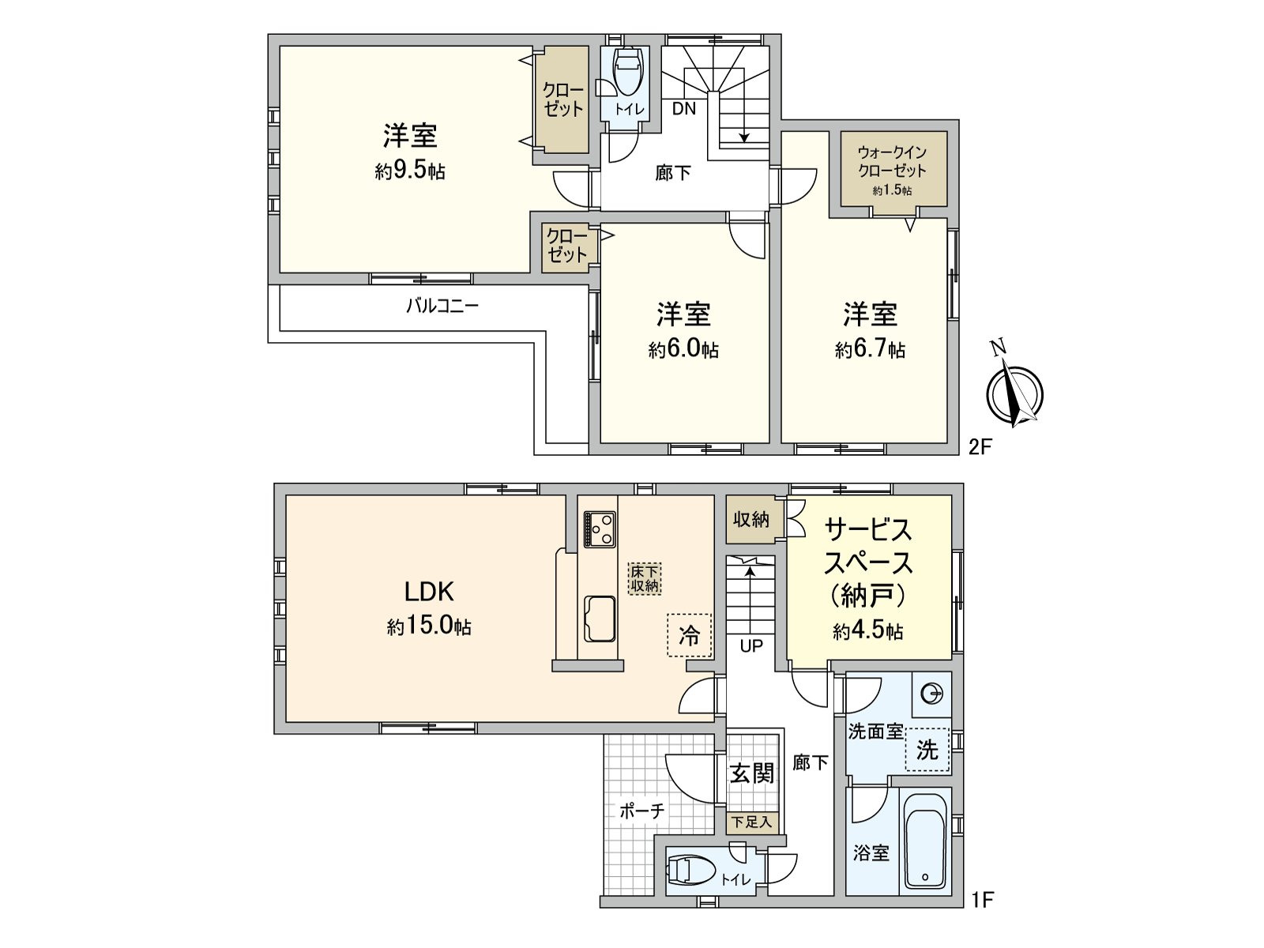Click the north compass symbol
[1014, 393]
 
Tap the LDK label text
[429, 591]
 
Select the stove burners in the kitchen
[600, 529]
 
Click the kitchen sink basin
[600, 618]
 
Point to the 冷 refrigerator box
[689, 634]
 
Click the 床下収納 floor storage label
[645, 578]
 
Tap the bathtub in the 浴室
[924, 841]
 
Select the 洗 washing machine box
[927, 749]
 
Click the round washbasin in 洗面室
[932, 694]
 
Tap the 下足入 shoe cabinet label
[750, 822]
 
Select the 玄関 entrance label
[750, 773]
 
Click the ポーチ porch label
[641, 811]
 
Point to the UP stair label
[751, 645]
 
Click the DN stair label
[684, 109]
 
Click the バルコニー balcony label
[442, 306]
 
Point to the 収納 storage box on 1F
[751, 519]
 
